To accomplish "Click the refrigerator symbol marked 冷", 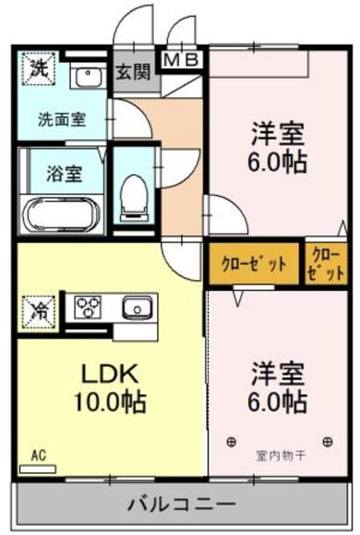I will [38, 309].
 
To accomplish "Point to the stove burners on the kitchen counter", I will [88, 308].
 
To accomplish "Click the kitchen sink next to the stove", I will [135, 308].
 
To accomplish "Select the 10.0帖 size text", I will [109, 401].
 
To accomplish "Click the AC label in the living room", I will [38, 456].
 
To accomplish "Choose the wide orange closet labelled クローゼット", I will [254, 263].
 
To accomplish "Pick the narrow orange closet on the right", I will [326, 263].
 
